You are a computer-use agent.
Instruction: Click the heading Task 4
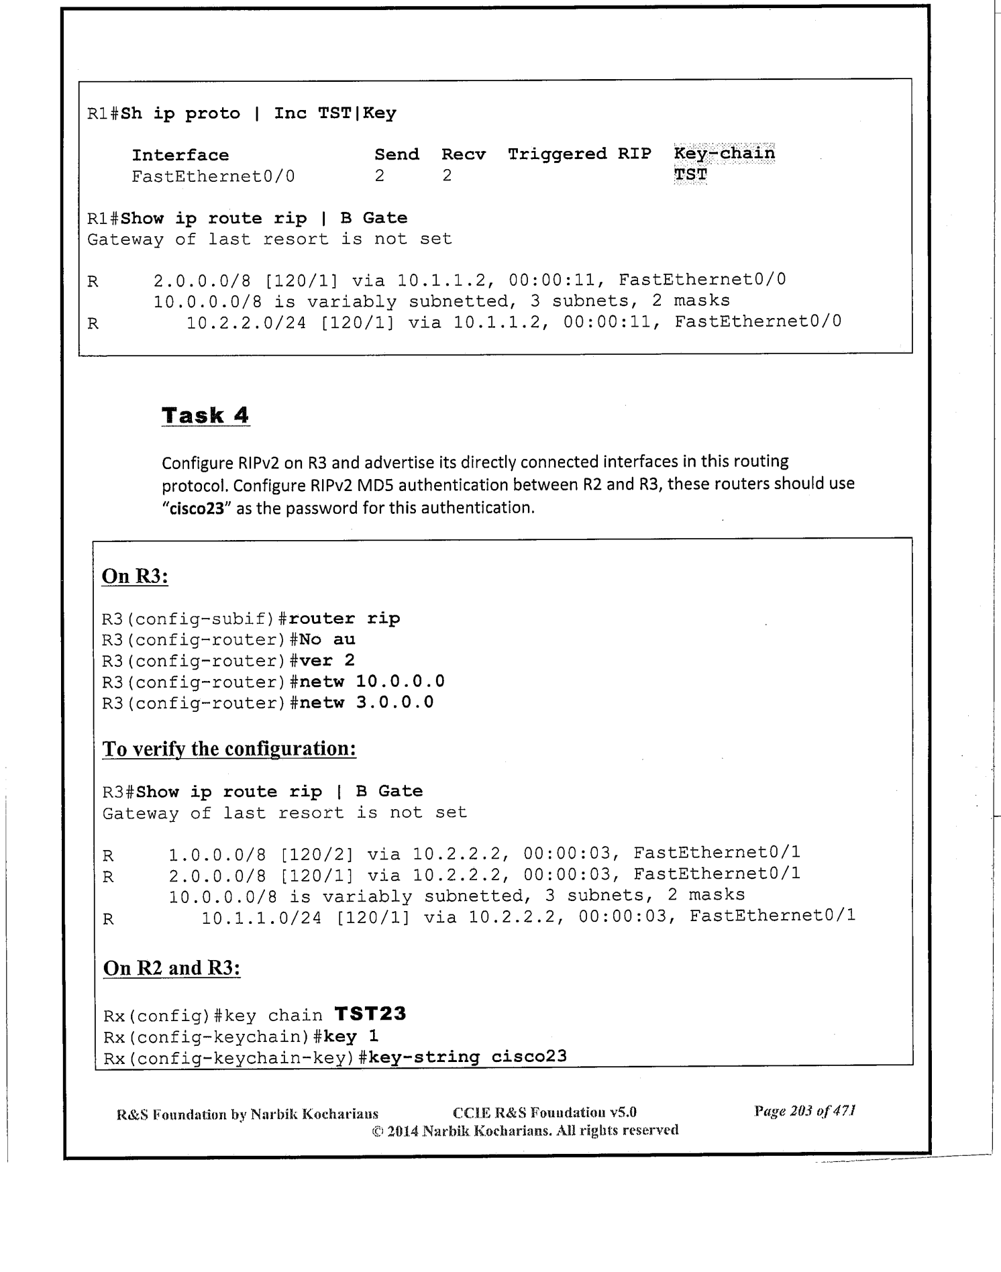coord(205,415)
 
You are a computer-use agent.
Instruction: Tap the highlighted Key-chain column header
coord(724,153)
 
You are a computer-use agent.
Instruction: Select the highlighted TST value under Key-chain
coord(690,175)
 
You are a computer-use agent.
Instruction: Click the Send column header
coord(397,154)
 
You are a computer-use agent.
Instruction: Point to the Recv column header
coord(463,154)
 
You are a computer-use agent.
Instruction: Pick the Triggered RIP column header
coord(579,154)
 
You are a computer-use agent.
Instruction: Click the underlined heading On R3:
coord(134,576)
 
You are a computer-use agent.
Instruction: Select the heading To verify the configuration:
coord(229,748)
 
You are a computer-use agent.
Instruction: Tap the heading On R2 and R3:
coord(171,967)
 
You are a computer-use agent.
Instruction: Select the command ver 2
coord(327,660)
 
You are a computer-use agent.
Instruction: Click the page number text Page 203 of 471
coord(804,1110)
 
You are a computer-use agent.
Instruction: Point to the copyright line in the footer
coord(525,1130)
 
